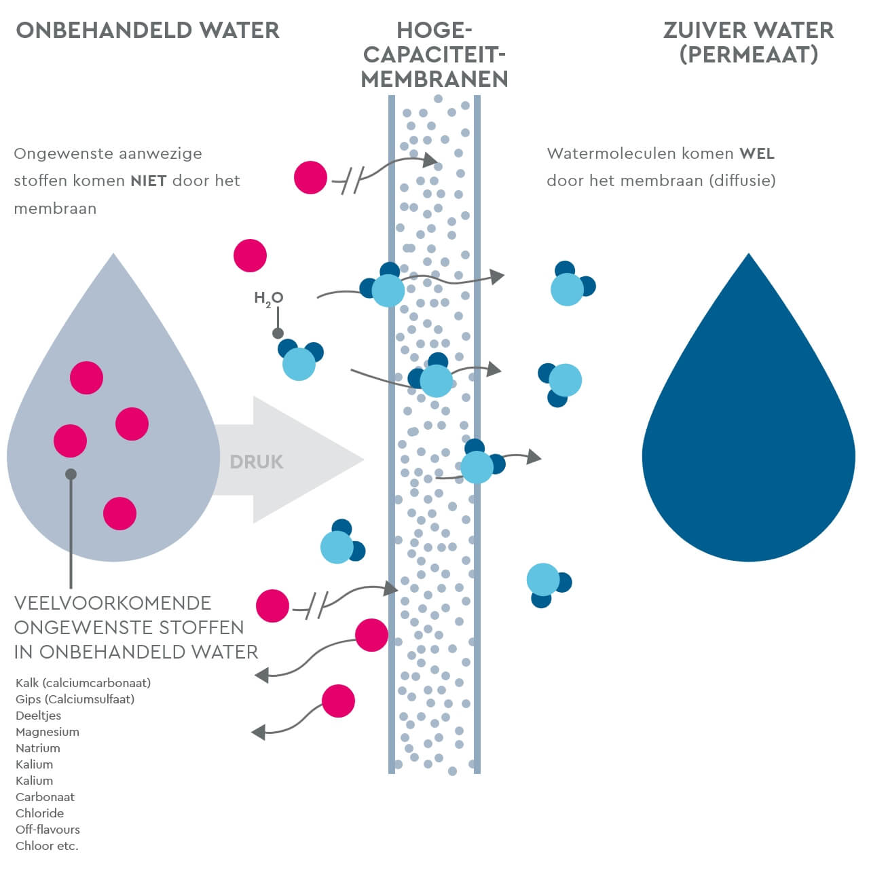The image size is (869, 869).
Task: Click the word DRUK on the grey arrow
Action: pos(256,462)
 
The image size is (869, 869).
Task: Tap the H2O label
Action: pos(268,298)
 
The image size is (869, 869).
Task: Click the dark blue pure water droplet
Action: pos(748,434)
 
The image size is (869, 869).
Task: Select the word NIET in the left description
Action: pos(149,181)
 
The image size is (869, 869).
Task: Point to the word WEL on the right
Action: pos(757,153)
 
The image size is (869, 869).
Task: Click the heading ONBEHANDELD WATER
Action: pos(147,31)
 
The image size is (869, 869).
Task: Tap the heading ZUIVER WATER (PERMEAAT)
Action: pos(748,42)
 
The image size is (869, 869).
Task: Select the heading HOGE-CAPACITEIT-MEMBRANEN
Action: pos(434,55)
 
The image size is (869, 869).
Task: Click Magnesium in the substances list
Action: pos(48,732)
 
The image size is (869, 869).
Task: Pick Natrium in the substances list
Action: pos(38,748)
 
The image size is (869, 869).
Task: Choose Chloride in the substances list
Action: pos(40,813)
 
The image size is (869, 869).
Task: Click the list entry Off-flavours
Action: pos(48,830)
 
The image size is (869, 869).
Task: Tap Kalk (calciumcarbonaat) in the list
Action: pos(83,683)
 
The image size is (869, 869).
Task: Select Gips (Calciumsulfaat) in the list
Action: pos(75,699)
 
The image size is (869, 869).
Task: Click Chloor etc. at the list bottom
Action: pos(47,846)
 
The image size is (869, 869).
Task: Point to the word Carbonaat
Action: pos(45,797)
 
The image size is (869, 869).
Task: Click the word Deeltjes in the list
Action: pos(38,716)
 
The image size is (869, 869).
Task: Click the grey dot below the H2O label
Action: pos(278,333)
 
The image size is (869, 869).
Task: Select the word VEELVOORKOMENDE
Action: pos(113,603)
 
